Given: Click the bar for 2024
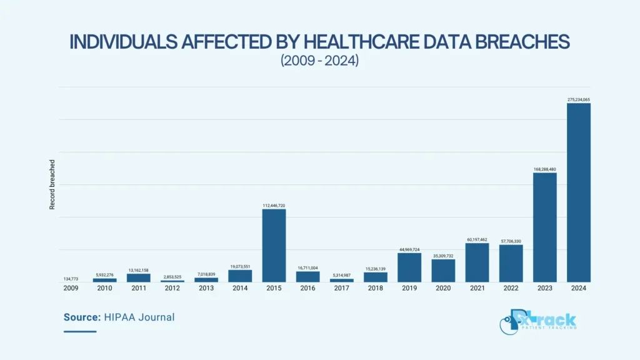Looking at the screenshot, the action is point(578,192).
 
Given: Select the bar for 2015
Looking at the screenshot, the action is point(274,246).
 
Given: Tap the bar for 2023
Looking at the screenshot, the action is point(545,227).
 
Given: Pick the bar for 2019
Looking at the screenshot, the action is point(409,267).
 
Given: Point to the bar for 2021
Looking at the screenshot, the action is point(477,262).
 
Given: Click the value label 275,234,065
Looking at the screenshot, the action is point(578,99).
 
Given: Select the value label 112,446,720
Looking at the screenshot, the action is point(274,206).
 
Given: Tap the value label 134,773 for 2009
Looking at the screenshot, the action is point(71,279).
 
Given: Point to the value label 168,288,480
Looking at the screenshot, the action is point(545,169).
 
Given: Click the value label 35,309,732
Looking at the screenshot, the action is point(443,256).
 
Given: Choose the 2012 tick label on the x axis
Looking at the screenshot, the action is point(172,288).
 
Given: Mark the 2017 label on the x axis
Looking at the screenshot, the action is point(342,288).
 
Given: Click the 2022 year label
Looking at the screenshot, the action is point(511,288).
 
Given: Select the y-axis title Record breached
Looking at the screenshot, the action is point(52,184).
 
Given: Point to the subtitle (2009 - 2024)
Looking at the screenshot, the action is point(319,61).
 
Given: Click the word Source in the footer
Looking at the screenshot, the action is point(82,317).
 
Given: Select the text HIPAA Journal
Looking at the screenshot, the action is point(139,317).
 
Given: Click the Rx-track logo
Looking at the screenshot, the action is point(538,322).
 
